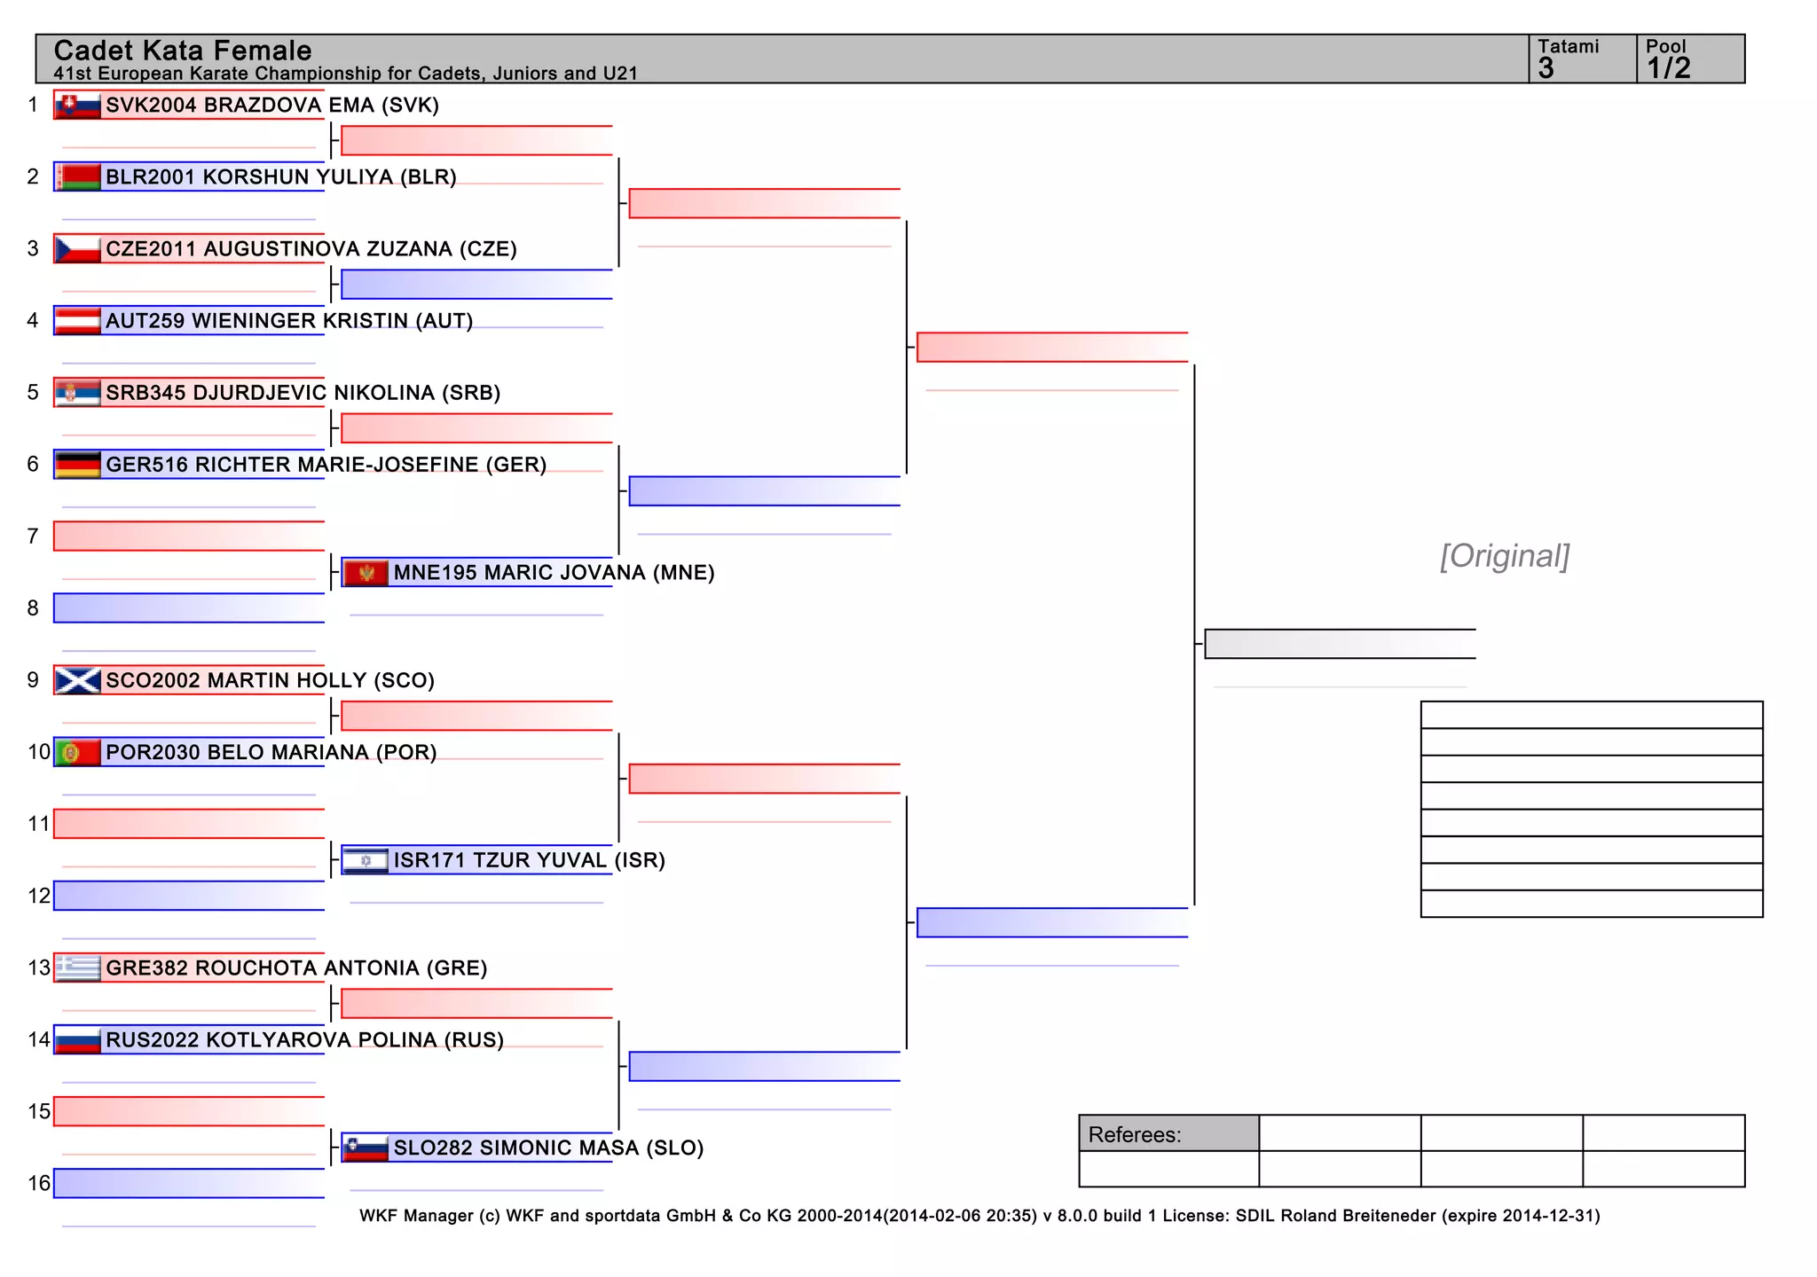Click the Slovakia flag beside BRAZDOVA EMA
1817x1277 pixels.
(x=77, y=106)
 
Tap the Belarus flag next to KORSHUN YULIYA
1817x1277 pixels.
(x=77, y=177)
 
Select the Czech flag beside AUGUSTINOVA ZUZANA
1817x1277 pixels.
(x=77, y=249)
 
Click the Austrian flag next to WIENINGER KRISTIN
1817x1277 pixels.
(x=77, y=321)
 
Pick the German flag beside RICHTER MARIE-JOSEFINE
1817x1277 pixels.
(x=77, y=465)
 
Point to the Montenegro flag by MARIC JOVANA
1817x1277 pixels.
(x=366, y=573)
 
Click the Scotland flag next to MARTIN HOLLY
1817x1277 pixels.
(x=77, y=680)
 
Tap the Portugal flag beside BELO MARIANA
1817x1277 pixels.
(x=77, y=753)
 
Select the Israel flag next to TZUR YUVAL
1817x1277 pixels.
(x=366, y=860)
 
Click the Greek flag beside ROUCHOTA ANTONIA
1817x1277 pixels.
(x=77, y=968)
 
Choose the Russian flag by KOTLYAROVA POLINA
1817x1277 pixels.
(x=77, y=1040)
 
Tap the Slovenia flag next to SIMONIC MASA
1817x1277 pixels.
(x=366, y=1148)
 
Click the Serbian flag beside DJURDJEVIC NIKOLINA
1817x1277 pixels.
(x=77, y=393)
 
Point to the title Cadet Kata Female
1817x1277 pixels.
(x=183, y=51)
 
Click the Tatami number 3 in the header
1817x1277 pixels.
(x=1546, y=68)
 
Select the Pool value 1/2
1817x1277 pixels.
(x=1668, y=68)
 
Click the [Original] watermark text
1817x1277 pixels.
(x=1505, y=556)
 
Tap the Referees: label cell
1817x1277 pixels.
(x=1168, y=1134)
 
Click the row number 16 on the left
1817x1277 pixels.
(x=39, y=1184)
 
